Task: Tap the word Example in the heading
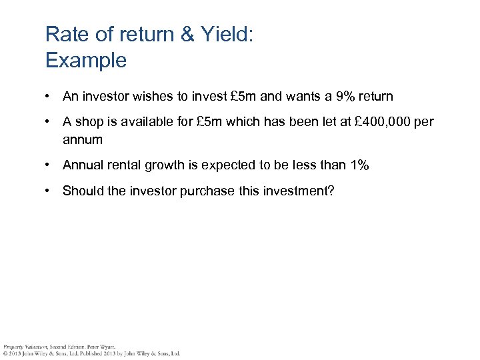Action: pyautogui.click(x=85, y=61)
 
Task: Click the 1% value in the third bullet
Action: pyautogui.click(x=357, y=165)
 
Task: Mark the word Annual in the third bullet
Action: pyautogui.click(x=83, y=165)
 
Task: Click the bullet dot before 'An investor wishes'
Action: pyautogui.click(x=49, y=97)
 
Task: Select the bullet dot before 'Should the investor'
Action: pyautogui.click(x=49, y=191)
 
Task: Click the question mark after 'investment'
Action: pyautogui.click(x=331, y=191)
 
